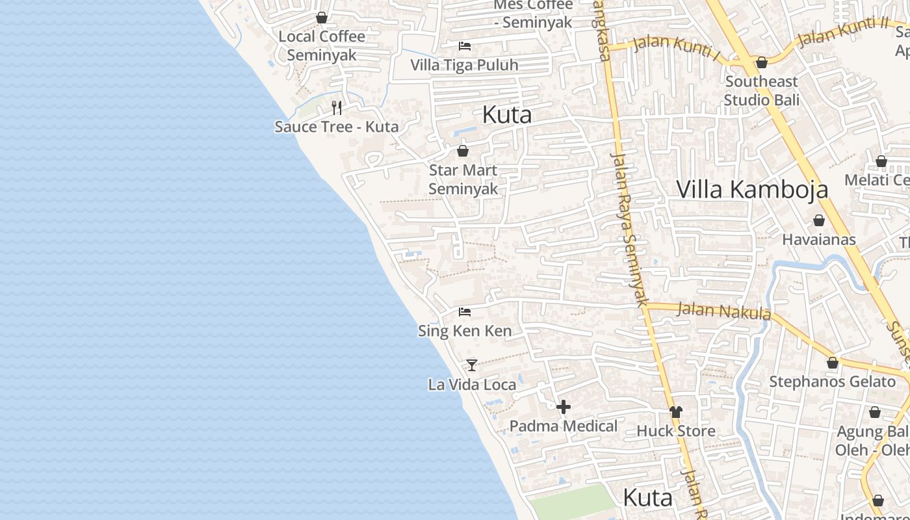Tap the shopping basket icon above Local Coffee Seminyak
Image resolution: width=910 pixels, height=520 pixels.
(322, 18)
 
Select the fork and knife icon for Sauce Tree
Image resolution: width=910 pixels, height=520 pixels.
(337, 107)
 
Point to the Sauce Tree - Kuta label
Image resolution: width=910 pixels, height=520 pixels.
(337, 126)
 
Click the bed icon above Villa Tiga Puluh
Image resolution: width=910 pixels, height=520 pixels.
(465, 45)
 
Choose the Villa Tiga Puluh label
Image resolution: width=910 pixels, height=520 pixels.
(464, 65)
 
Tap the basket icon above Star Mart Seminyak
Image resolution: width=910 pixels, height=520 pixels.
(463, 151)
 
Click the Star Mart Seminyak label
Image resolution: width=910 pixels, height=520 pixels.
(463, 179)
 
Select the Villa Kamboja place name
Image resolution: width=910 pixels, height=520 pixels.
(752, 189)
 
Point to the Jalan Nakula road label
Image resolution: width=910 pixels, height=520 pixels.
(723, 311)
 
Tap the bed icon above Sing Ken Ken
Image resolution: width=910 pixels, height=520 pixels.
(465, 312)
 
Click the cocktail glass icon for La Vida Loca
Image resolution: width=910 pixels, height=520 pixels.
(472, 365)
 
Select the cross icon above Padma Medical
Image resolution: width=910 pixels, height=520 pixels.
(564, 407)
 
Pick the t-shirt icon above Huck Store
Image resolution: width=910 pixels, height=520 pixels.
(676, 411)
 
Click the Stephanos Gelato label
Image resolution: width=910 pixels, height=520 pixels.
(832, 382)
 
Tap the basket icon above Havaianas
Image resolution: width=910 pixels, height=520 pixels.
(819, 220)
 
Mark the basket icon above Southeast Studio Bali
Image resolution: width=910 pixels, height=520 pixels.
(762, 62)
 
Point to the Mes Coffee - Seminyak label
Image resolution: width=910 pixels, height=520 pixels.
(533, 14)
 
